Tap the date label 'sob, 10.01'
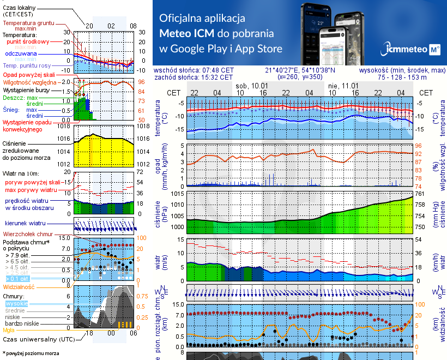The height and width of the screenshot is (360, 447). coord(252,86)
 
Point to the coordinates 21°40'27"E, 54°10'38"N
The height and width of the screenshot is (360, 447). coord(300,70)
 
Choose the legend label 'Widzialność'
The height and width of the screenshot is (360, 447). coord(19,286)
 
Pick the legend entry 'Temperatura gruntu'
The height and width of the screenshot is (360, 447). coord(30,23)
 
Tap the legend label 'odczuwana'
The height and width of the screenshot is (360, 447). coord(21,54)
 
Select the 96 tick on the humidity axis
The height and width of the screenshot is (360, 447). coord(418,146)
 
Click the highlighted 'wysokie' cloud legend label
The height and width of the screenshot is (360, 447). coord(16,303)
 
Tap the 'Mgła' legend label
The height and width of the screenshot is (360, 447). coord(9,329)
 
